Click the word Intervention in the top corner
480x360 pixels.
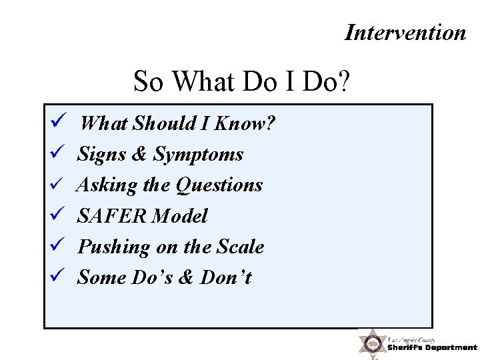(405, 32)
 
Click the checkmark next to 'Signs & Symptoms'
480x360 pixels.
(56, 153)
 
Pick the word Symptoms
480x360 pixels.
(199, 155)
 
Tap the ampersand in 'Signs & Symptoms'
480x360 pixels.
(139, 154)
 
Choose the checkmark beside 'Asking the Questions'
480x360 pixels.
(56, 185)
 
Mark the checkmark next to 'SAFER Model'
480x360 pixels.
(56, 215)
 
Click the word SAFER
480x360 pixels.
(112, 216)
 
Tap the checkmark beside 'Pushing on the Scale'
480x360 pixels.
(56, 246)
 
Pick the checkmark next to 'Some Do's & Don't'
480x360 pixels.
(56, 277)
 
